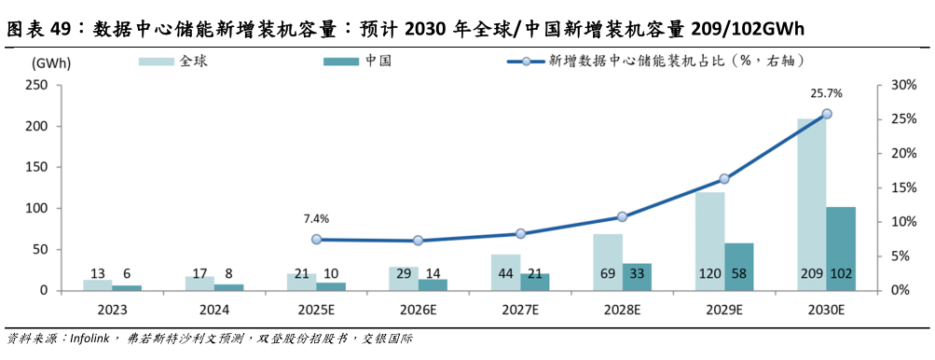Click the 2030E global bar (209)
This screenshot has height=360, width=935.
811,205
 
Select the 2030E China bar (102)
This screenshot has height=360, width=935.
840,248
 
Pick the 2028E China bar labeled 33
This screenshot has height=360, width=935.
637,277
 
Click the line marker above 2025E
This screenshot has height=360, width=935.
316,240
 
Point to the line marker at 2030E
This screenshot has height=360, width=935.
826,114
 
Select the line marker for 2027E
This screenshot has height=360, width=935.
520,233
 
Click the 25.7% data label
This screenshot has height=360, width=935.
826,93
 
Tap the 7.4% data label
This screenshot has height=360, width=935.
316,219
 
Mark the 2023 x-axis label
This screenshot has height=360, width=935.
112,309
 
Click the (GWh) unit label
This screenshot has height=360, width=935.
48,63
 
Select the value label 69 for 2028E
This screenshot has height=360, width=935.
608,274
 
